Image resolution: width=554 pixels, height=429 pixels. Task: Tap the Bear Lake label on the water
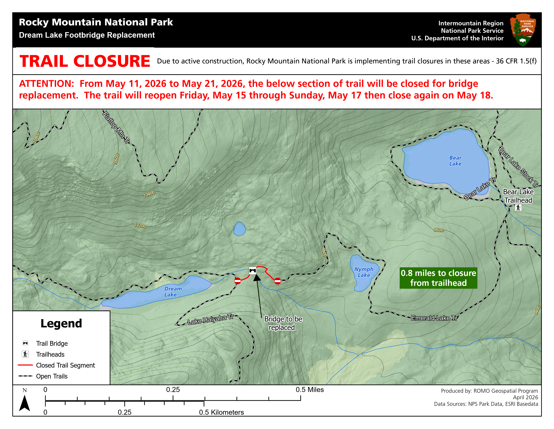pos(455,161)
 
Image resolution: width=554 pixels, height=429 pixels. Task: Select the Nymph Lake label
pos(364,272)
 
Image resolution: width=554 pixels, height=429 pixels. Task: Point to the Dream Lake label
pos(173,292)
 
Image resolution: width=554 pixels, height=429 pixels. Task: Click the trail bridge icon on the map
pos(252,270)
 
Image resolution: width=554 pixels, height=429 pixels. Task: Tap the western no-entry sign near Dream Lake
pos(237,281)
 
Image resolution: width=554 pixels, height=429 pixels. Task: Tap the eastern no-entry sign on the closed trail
pos(278,281)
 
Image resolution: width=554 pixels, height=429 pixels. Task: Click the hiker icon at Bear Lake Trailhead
pos(518,208)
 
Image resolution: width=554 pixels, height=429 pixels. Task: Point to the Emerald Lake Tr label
pos(434,318)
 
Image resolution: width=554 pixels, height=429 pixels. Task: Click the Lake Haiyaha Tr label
pos(210,319)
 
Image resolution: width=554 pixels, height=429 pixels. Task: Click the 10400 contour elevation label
pos(149,194)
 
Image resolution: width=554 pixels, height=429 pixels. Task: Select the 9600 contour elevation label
pos(438,230)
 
